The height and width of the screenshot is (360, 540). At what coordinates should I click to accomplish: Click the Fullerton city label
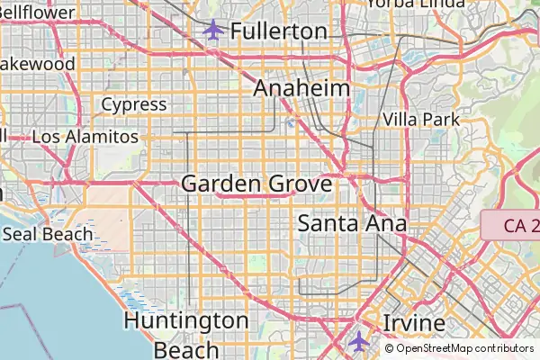click(x=278, y=31)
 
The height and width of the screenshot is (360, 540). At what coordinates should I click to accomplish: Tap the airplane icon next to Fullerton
click(x=213, y=30)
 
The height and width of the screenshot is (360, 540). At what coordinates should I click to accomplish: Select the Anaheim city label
click(x=301, y=88)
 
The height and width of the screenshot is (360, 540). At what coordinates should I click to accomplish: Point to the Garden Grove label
click(x=256, y=184)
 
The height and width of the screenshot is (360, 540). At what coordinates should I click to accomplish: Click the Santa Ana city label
click(x=352, y=223)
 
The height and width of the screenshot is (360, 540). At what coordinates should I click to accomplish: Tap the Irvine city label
click(x=414, y=323)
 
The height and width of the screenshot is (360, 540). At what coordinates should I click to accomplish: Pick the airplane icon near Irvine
click(x=359, y=341)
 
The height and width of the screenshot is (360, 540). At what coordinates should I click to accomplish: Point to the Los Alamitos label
click(x=85, y=138)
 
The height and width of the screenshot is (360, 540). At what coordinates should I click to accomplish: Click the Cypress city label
click(x=133, y=104)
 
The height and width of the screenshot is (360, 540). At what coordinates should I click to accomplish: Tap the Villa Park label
click(x=421, y=119)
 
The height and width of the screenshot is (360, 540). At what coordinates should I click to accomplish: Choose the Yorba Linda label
click(x=415, y=4)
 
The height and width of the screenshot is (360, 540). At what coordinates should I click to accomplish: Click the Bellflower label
click(x=37, y=13)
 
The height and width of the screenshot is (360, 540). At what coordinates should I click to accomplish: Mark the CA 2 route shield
click(x=510, y=225)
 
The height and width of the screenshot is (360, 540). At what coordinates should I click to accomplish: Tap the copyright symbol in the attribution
click(x=390, y=347)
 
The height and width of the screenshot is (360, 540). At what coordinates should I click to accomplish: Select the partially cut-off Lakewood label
click(x=37, y=65)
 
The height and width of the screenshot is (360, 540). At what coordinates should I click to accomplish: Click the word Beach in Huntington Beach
click(x=186, y=349)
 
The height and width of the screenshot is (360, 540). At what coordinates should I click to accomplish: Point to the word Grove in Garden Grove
click(x=299, y=184)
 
